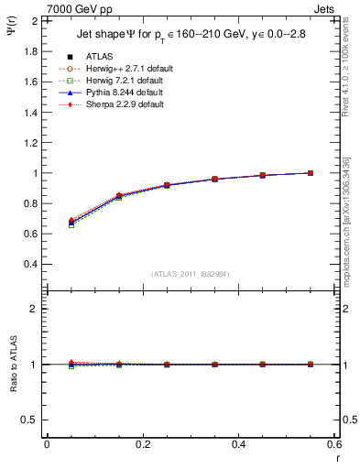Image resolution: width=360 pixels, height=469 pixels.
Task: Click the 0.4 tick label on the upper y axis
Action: [29, 265]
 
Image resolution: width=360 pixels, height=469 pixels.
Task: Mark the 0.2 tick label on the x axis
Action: [143, 444]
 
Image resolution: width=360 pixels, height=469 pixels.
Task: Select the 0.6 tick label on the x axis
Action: [334, 444]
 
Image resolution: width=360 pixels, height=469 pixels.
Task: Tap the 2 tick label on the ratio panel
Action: [34, 310]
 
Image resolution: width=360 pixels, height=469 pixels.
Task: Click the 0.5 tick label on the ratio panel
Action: [29, 420]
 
